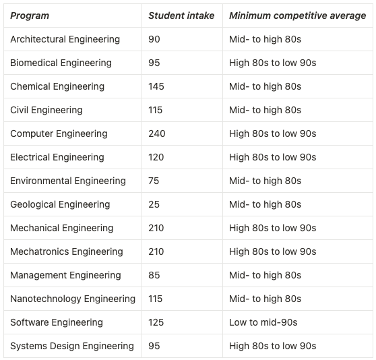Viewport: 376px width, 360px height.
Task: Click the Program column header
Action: click(30, 16)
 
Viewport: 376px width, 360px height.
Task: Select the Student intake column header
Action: click(181, 16)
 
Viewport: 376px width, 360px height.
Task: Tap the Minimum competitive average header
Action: click(298, 16)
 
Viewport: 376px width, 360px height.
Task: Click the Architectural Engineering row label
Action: click(65, 39)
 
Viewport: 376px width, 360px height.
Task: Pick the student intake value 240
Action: click(157, 133)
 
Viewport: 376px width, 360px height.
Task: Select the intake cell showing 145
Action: click(156, 86)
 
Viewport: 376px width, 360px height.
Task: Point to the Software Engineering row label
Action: click(57, 322)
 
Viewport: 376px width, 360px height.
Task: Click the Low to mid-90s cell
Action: click(263, 322)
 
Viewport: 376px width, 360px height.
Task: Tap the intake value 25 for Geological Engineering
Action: click(154, 204)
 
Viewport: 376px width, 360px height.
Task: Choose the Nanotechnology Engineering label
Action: click(73, 299)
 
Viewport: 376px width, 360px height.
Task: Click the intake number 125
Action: click(156, 322)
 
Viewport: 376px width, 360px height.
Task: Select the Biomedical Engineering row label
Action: click(61, 63)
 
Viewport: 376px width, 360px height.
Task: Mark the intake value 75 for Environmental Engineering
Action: click(154, 181)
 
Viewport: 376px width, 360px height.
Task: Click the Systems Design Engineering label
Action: click(72, 346)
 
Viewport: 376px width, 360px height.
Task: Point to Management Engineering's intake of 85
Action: click(154, 275)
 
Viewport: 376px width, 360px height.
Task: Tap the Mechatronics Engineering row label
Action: click(67, 251)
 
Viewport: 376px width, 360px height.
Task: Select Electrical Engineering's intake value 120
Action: click(156, 157)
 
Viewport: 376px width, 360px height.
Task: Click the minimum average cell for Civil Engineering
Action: click(265, 110)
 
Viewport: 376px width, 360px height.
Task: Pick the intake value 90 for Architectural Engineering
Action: click(154, 39)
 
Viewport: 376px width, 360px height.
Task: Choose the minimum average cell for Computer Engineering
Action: click(273, 133)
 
